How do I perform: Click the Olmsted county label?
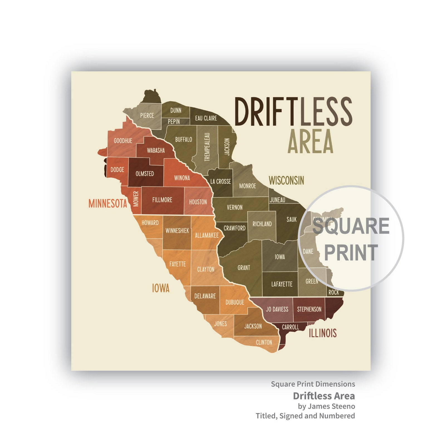(145, 174)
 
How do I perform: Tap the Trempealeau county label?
(207, 147)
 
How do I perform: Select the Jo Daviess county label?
(277, 309)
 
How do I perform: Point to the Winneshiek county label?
(177, 230)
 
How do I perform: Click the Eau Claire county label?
(206, 118)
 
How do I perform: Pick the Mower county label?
(136, 199)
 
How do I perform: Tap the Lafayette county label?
(282, 284)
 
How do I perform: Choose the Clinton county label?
(264, 342)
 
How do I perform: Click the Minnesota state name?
(108, 203)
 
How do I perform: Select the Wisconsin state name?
(286, 181)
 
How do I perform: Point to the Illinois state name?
(323, 333)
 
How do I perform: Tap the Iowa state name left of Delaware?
(161, 288)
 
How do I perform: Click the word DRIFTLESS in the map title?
(293, 112)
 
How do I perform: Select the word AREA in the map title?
(310, 141)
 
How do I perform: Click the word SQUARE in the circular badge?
(351, 226)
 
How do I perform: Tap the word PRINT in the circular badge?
(351, 252)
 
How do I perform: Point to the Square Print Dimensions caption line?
(313, 384)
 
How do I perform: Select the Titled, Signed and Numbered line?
(305, 416)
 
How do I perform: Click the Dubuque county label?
(235, 302)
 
